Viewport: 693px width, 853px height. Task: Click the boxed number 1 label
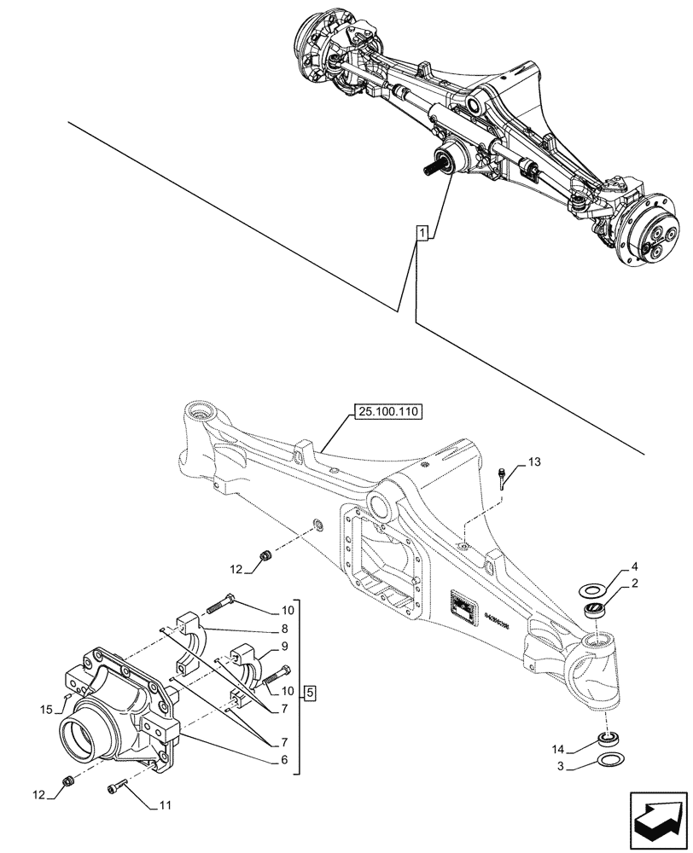[421, 232]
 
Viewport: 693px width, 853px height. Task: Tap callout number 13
[534, 462]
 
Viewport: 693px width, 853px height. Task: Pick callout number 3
[560, 766]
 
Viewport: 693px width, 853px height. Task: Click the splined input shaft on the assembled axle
[431, 171]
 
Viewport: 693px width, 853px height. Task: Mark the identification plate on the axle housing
[464, 609]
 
